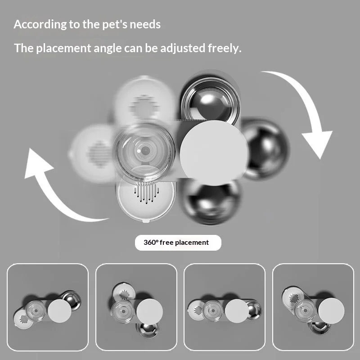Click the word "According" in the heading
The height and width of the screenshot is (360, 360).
(40, 24)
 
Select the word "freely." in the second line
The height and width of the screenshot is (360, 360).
(225, 48)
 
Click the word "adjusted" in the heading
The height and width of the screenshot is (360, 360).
(183, 49)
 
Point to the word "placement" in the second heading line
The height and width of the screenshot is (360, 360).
(63, 49)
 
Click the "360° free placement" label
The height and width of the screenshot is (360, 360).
(178, 243)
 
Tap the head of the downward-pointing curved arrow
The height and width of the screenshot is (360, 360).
(317, 144)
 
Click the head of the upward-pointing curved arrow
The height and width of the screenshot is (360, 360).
(37, 162)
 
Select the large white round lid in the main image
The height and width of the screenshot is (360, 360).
(214, 153)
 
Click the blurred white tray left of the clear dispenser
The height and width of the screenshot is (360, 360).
(93, 153)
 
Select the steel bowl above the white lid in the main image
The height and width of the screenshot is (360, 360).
(211, 99)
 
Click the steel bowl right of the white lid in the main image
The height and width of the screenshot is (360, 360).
(265, 148)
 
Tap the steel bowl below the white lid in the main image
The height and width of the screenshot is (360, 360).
(211, 202)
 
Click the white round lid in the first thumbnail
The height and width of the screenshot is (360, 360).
(59, 311)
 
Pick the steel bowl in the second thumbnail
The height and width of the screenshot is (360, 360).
(148, 330)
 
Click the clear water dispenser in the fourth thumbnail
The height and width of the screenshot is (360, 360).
(305, 310)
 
